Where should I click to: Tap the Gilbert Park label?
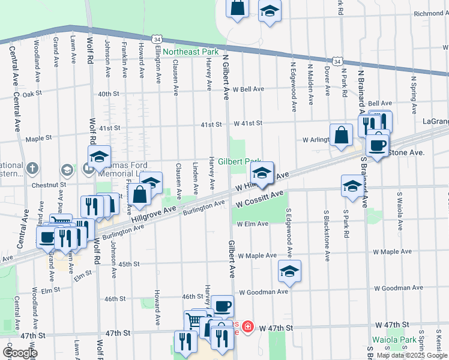[x=240, y=162]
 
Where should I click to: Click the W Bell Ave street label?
[x=249, y=89]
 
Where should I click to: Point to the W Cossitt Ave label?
[x=259, y=199]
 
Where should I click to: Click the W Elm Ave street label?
[x=252, y=224]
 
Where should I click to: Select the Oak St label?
[x=33, y=94]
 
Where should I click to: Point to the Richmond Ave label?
[x=429, y=13]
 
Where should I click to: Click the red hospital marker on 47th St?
[x=247, y=328]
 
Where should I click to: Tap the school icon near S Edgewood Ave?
[x=289, y=271]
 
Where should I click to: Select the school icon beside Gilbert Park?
[x=262, y=173]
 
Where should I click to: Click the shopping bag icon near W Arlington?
[x=341, y=135]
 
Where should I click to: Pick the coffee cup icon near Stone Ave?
[x=377, y=145]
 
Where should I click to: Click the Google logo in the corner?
[x=19, y=353]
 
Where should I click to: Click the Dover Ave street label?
[x=328, y=80]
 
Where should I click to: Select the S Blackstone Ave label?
[x=327, y=235]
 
